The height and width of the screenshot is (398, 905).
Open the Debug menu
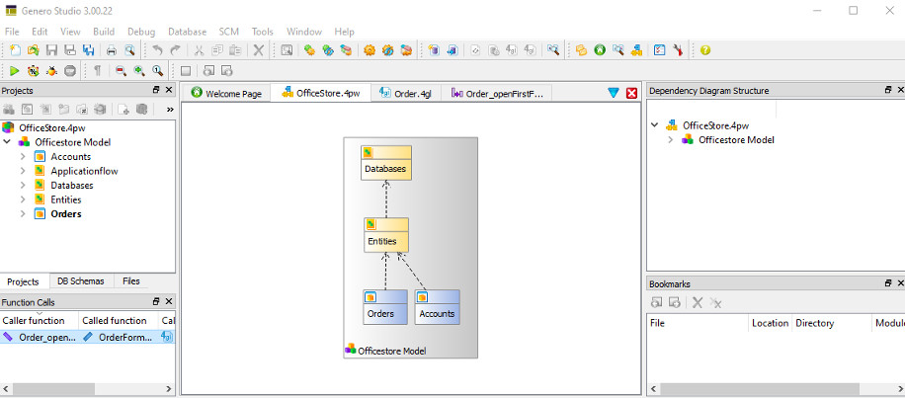(x=141, y=32)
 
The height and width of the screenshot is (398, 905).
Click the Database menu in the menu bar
(x=187, y=32)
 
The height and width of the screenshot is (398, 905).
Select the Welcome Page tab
(x=227, y=93)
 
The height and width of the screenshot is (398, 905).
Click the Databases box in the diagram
(x=385, y=164)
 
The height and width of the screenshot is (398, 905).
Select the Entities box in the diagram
(x=386, y=235)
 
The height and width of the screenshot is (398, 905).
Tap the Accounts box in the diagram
(x=437, y=307)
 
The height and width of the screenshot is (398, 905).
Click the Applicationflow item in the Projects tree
(x=84, y=171)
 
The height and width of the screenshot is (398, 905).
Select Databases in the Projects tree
(x=72, y=185)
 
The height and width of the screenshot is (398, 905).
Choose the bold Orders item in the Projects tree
(x=66, y=213)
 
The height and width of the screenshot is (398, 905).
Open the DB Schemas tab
(x=80, y=281)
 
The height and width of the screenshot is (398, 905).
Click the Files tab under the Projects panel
(x=131, y=281)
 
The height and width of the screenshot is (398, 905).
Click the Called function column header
(x=115, y=320)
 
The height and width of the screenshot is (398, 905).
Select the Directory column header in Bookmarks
(x=814, y=323)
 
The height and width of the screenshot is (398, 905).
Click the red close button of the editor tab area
(x=632, y=92)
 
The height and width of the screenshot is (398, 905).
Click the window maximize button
(x=853, y=11)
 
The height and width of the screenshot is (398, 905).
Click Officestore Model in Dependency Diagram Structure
(x=736, y=139)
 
